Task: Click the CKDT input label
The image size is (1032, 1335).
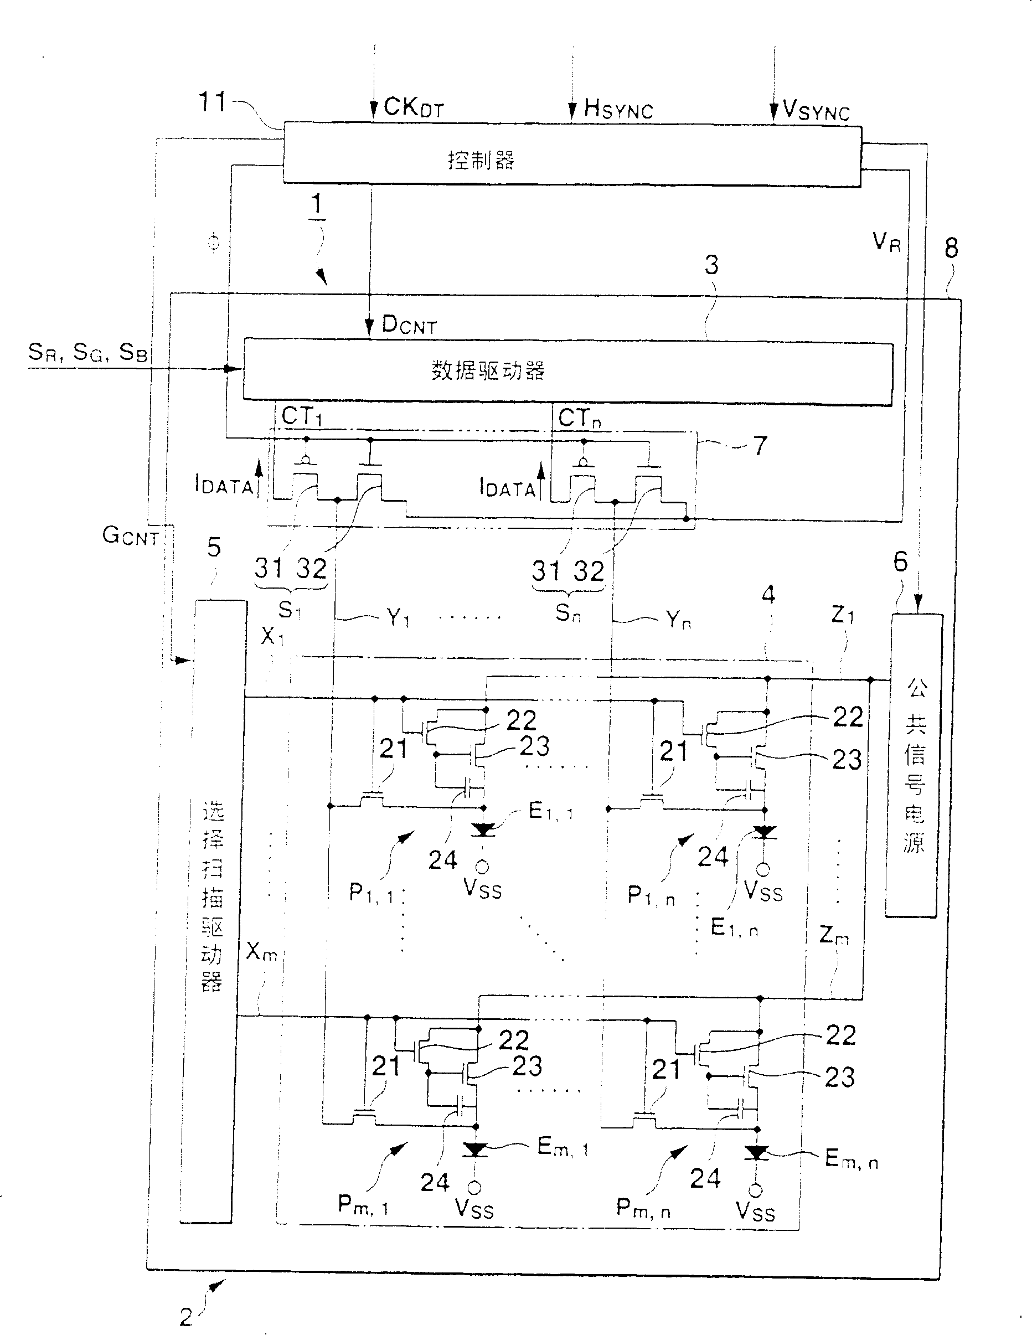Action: [413, 107]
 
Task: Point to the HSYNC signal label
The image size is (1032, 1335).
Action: [618, 110]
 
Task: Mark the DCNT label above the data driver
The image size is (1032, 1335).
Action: [409, 325]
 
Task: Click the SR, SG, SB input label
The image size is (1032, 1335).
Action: [87, 353]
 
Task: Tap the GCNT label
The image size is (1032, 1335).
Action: [131, 536]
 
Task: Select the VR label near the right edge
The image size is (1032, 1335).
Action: [886, 243]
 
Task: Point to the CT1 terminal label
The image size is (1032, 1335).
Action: [302, 417]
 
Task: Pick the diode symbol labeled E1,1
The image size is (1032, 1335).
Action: [484, 829]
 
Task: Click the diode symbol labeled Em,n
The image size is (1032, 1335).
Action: [757, 1153]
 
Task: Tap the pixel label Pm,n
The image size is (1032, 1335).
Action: [643, 1207]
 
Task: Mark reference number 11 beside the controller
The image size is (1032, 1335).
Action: [213, 102]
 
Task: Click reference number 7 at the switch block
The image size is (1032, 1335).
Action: [760, 446]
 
